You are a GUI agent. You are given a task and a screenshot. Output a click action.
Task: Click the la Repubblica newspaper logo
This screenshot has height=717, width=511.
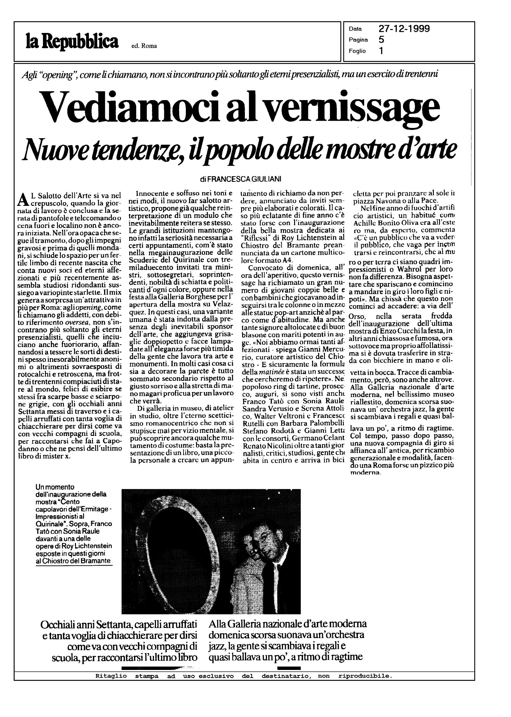tap(72, 42)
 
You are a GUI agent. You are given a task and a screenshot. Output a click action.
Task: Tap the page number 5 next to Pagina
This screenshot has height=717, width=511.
tap(381, 40)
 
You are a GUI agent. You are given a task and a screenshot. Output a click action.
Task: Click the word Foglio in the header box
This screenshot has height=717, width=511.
tap(357, 51)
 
